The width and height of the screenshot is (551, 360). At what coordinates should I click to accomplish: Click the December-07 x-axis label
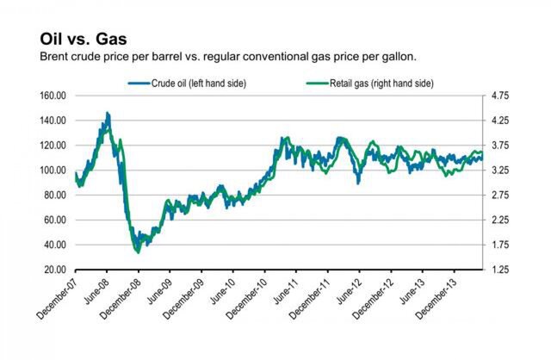pos(59,297)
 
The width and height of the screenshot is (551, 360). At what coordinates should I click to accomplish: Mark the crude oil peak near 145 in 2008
pos(107,113)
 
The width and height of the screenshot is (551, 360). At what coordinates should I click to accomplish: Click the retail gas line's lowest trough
pos(138,251)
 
